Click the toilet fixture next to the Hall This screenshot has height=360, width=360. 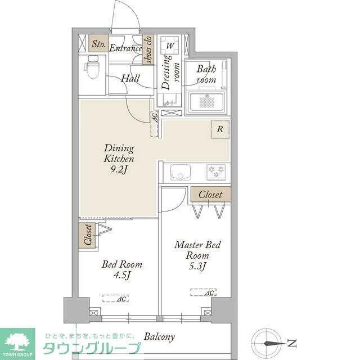92,69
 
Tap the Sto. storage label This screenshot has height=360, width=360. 99,44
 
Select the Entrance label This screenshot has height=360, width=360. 125,48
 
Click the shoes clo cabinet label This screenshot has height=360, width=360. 148,49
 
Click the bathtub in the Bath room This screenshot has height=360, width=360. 208,102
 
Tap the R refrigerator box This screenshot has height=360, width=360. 220,129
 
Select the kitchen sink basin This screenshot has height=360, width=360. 180,172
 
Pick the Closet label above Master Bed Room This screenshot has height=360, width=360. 210,195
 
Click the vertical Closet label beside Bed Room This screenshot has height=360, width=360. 87,236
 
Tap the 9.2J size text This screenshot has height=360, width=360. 119,169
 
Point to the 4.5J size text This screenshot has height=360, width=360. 121,275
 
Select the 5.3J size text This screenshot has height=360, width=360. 197,266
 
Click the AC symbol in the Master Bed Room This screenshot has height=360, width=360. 203,292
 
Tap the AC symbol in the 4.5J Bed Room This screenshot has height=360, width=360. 115,299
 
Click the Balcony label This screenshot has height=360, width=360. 159,337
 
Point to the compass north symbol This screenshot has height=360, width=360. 268,342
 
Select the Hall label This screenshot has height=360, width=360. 130,79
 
